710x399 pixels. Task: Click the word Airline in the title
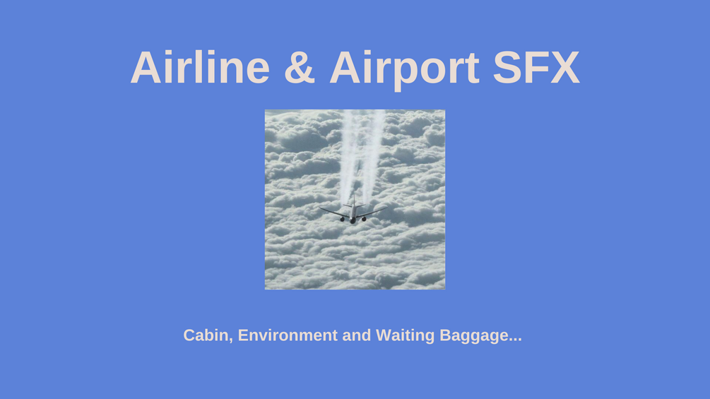pos(200,67)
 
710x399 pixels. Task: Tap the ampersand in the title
pos(300,67)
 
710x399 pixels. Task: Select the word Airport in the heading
pos(404,69)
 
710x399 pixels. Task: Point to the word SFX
pos(536,67)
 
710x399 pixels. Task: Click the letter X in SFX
pos(564,67)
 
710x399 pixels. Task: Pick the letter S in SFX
pos(507,67)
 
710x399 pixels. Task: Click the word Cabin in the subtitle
pos(206,335)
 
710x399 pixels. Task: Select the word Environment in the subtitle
pos(288,335)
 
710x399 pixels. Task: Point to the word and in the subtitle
pos(357,335)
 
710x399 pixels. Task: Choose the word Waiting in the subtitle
pos(406,336)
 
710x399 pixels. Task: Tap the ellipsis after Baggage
pos(515,340)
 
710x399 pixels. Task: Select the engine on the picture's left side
pos(343,220)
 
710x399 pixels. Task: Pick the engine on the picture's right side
pos(364,219)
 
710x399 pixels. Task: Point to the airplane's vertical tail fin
pos(354,201)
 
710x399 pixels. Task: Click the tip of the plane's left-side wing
pos(319,208)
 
